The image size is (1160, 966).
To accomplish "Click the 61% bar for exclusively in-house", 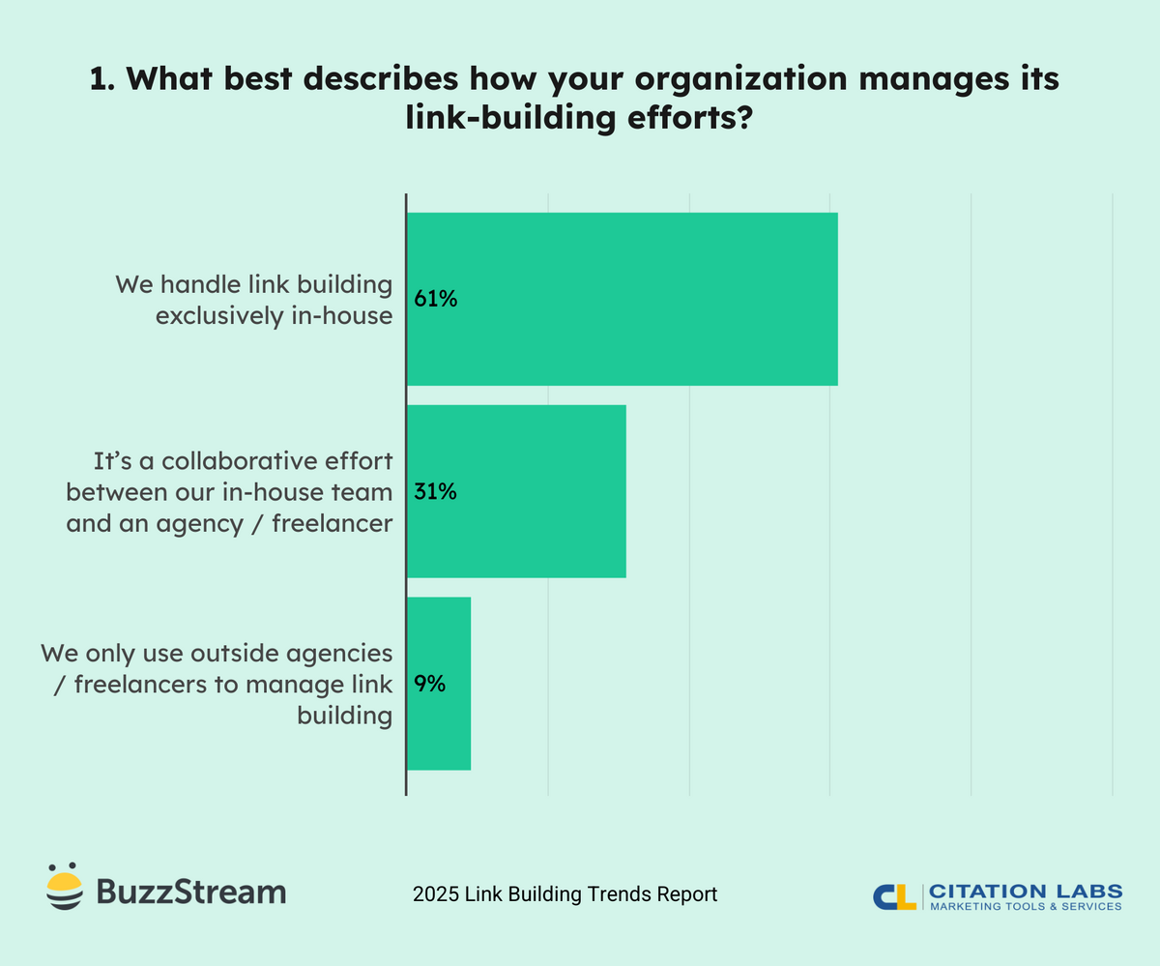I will coord(622,299).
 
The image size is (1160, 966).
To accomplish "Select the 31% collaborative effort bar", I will coord(516,491).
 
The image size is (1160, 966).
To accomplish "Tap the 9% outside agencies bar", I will coord(439,684).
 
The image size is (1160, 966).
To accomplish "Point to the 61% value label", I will coord(435,299).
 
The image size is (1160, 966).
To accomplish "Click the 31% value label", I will coord(435,491).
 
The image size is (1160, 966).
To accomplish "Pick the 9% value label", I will coord(429,684).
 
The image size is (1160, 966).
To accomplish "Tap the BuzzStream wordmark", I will coord(191,891).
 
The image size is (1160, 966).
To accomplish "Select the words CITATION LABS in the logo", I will coord(1026,890).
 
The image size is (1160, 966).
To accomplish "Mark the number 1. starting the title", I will coord(103,81).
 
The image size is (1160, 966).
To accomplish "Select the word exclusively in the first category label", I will coord(215,315).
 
